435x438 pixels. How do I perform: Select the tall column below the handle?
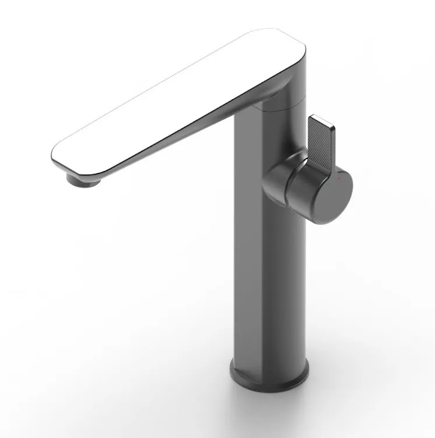268,280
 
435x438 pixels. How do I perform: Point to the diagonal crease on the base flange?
245,374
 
